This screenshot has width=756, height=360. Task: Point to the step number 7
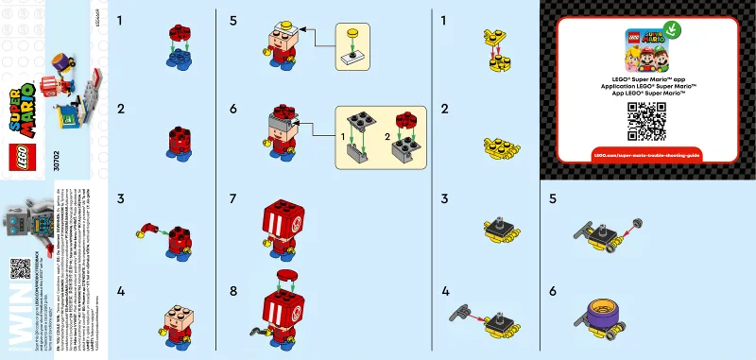[233, 199]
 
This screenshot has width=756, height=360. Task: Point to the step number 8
[233, 289]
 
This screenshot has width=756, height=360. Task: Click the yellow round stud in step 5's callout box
[352, 35]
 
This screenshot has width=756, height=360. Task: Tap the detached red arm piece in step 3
[147, 227]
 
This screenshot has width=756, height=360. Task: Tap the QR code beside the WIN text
[21, 268]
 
